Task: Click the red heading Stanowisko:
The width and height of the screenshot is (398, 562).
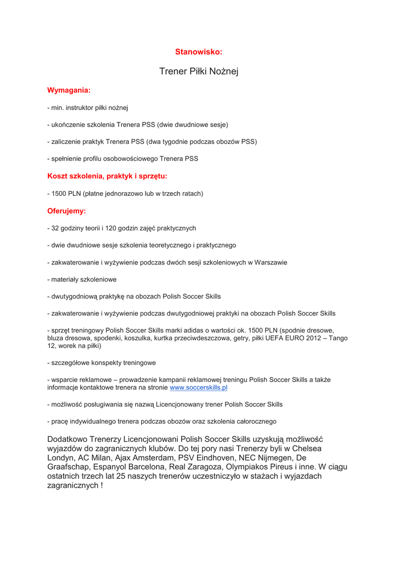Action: pos(199,52)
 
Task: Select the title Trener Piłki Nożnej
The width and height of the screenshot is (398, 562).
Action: pos(199,71)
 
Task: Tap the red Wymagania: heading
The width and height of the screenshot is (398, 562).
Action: pos(69,89)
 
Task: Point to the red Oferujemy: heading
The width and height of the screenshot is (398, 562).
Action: pos(66,210)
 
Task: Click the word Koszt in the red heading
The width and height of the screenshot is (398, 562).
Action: pos(58,176)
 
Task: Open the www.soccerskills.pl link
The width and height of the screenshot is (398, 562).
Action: pos(199,387)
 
